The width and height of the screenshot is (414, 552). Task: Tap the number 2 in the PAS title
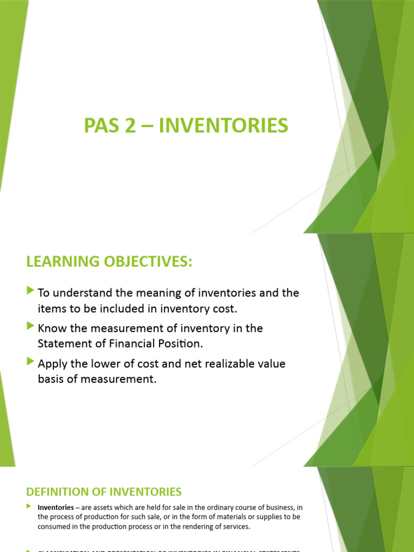tap(132, 126)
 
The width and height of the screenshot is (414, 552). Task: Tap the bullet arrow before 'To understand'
tap(30, 292)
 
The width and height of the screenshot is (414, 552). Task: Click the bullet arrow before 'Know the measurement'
tap(30, 327)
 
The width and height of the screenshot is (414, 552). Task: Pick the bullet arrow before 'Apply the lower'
tap(30, 362)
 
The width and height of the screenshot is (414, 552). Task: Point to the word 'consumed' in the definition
tap(54, 527)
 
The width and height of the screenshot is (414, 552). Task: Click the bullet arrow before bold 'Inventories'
tap(29, 507)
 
